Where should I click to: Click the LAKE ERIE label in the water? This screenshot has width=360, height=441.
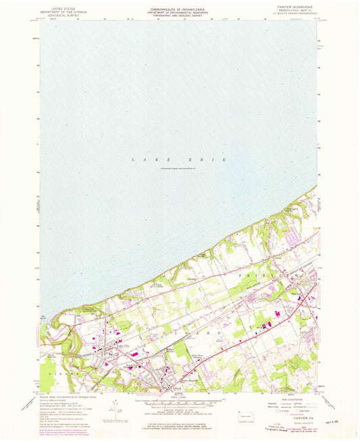(178, 159)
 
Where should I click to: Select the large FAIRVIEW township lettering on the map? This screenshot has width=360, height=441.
(289, 277)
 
